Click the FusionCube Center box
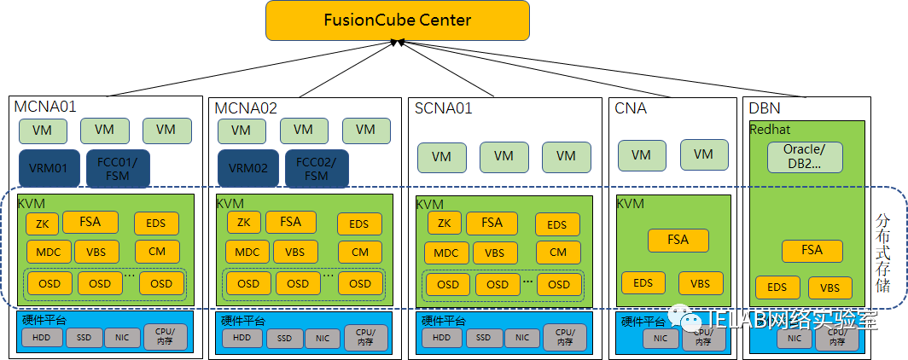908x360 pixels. pyautogui.click(x=398, y=20)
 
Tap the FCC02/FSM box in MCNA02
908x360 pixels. pyautogui.click(x=317, y=168)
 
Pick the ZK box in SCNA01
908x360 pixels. pyautogui.click(x=444, y=224)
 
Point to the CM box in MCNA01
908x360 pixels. pyautogui.click(x=157, y=252)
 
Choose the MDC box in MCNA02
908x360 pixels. pyautogui.click(x=247, y=253)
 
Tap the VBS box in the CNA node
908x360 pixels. pyautogui.click(x=701, y=284)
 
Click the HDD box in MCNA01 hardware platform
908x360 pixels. pyautogui.click(x=41, y=338)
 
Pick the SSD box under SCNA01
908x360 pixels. pyautogui.click(x=483, y=338)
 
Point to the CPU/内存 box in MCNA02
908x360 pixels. pyautogui.click(x=365, y=338)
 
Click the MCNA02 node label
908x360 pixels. pyautogui.click(x=246, y=108)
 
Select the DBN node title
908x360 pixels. pyautogui.click(x=765, y=108)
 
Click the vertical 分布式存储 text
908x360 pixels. pyautogui.click(x=884, y=253)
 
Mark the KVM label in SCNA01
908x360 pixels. pyautogui.click(x=430, y=205)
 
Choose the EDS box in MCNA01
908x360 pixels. pyautogui.click(x=157, y=224)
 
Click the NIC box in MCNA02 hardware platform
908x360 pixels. pyautogui.click(x=322, y=339)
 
